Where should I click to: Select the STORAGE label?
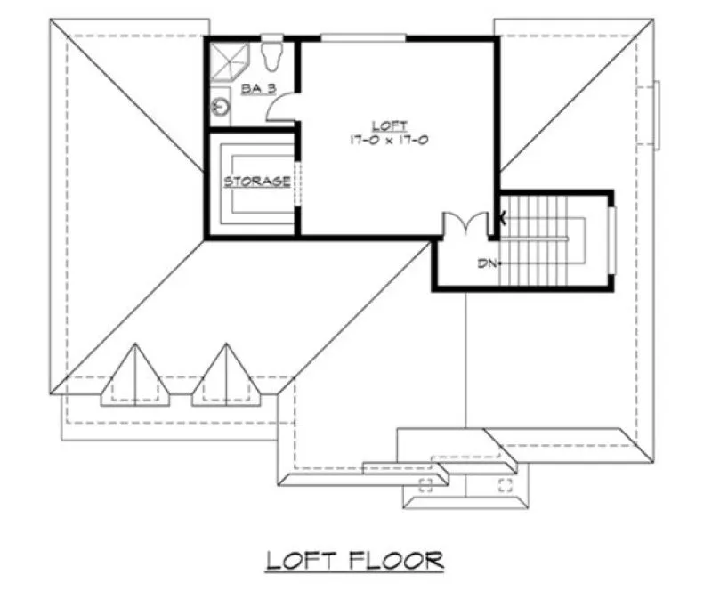coord(256,182)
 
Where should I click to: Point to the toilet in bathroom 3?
coord(273,55)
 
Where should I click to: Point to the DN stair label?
coord(485,263)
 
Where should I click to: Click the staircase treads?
coord(534,240)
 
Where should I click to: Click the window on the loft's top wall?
coord(363,37)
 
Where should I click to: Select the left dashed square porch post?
coord(425,485)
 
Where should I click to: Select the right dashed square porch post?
coord(506,485)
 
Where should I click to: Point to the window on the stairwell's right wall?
coord(613,239)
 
